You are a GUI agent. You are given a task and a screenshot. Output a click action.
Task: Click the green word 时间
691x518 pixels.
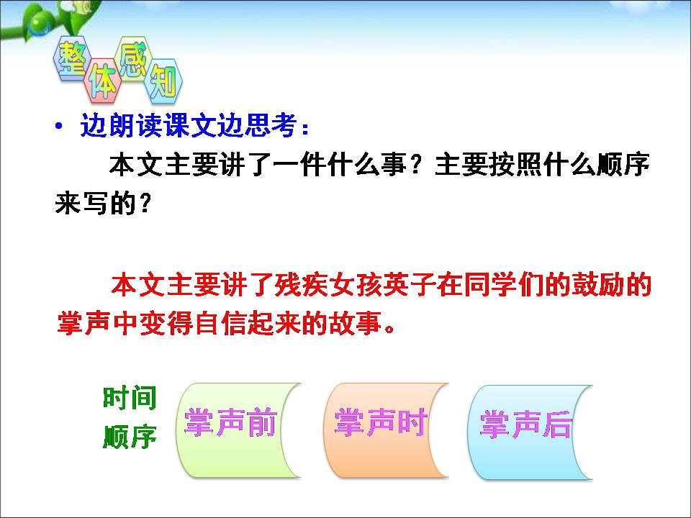pyautogui.click(x=130, y=398)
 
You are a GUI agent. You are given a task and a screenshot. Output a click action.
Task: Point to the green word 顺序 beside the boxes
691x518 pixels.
pyautogui.click(x=130, y=437)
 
